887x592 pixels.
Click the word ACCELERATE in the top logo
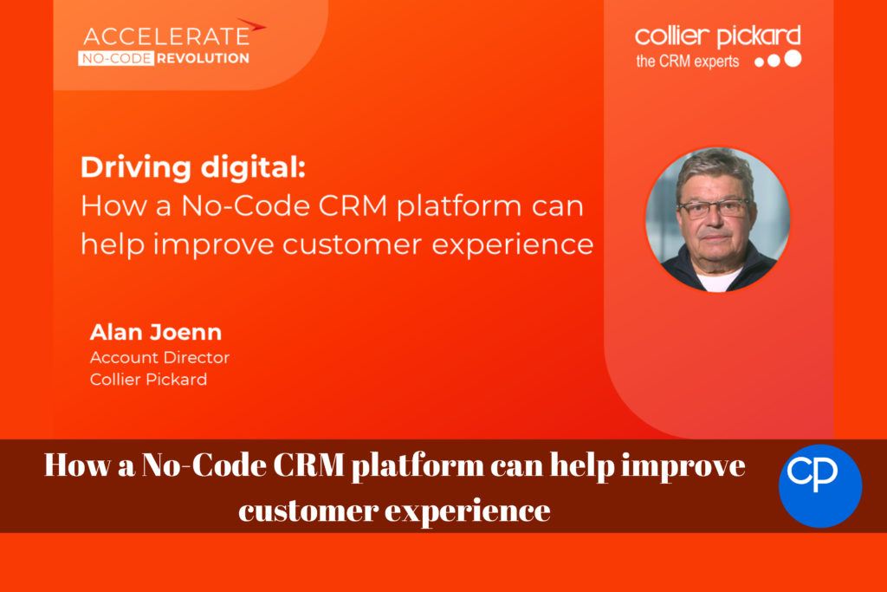point(166,36)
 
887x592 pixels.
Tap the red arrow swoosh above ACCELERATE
point(251,25)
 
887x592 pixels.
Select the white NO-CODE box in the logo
point(116,58)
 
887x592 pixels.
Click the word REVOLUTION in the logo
point(203,58)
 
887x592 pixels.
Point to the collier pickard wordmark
point(718,37)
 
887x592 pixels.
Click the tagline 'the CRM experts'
point(687,62)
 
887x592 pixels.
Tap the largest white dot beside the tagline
point(793,58)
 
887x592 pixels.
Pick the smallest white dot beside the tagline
point(759,62)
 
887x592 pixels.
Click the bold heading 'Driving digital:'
point(193,167)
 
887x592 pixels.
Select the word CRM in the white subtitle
point(353,205)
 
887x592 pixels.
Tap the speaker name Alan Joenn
point(156,332)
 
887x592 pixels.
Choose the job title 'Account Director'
point(159,358)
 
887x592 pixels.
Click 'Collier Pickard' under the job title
point(148,379)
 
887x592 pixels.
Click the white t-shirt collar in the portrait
point(717,279)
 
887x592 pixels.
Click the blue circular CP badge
point(820,486)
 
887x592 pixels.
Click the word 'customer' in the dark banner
point(308,511)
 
